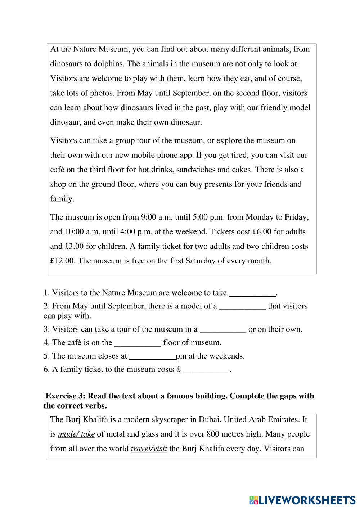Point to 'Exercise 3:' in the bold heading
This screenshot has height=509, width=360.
click(x=66, y=396)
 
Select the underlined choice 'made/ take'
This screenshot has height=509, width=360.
click(x=76, y=434)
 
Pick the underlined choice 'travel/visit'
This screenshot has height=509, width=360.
click(x=149, y=449)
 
